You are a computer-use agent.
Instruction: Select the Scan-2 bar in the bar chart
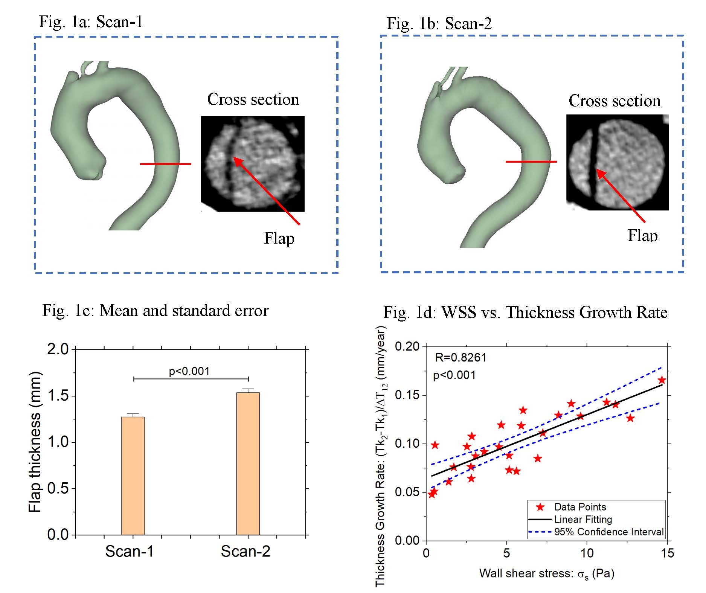point(248,463)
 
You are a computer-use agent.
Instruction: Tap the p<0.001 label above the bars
point(189,371)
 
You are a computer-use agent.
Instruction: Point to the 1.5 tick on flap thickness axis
point(59,396)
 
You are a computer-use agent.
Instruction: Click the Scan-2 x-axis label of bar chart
point(245,551)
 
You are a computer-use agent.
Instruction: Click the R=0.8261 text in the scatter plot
point(461,357)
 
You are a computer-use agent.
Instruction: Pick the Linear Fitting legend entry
point(583,520)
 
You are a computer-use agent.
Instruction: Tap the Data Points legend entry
point(580,507)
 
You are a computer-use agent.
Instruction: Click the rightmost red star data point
point(662,380)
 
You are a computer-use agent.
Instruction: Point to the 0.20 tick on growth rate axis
point(407,346)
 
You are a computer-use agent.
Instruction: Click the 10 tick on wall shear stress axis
point(586,553)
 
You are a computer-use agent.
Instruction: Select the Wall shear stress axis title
point(547,573)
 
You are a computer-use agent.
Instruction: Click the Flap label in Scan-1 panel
point(279,238)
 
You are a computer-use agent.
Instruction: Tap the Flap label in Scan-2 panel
point(642,235)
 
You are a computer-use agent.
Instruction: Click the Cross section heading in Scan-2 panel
point(615,101)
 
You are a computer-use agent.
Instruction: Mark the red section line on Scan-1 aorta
point(166,164)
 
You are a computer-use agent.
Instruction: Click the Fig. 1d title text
point(525,312)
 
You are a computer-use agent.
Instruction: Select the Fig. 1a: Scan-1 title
point(91,21)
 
